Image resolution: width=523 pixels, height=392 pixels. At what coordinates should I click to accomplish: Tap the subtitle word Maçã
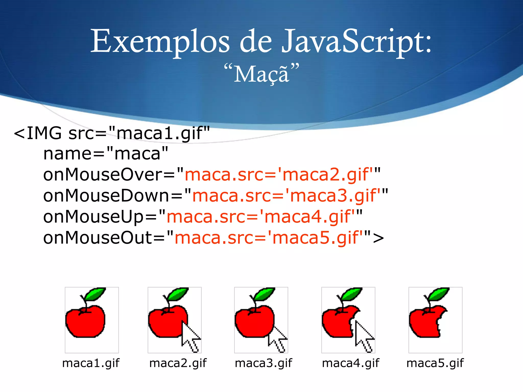pyautogui.click(x=261, y=74)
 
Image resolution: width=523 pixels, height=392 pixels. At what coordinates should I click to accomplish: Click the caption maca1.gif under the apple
pyautogui.click(x=91, y=363)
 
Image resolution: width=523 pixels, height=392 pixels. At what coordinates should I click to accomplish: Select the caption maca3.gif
pyautogui.click(x=263, y=363)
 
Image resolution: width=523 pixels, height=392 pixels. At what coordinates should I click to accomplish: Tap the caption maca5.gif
pyautogui.click(x=435, y=363)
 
